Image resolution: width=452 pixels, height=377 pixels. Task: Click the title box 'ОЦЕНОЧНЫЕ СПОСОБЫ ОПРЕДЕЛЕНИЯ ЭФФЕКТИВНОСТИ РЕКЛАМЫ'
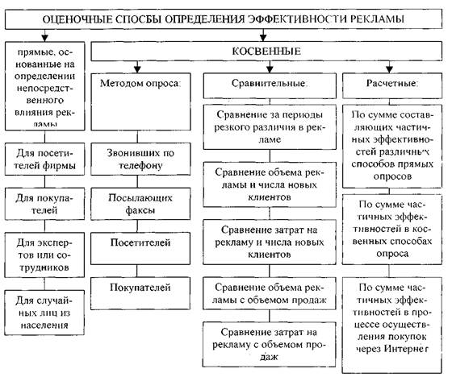(x=225, y=17)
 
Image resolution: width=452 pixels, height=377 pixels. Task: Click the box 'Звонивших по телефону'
(x=144, y=158)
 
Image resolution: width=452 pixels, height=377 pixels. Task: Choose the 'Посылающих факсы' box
(x=144, y=202)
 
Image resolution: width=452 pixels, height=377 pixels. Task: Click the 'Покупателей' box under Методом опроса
(x=144, y=286)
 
